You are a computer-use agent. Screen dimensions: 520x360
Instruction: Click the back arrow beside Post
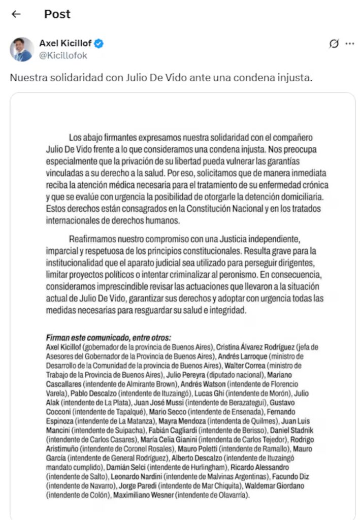point(16,14)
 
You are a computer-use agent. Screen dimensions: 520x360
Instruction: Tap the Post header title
point(57,14)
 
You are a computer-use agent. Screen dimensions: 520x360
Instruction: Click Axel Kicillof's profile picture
point(22,49)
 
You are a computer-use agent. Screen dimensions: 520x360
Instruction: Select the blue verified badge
point(99,44)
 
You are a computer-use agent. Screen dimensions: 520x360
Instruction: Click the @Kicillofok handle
point(63,56)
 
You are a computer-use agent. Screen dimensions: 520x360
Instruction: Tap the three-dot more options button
point(350,44)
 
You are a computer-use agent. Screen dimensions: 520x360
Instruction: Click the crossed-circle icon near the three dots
point(334,44)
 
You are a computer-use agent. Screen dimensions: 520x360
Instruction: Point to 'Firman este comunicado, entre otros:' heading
point(109,338)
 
